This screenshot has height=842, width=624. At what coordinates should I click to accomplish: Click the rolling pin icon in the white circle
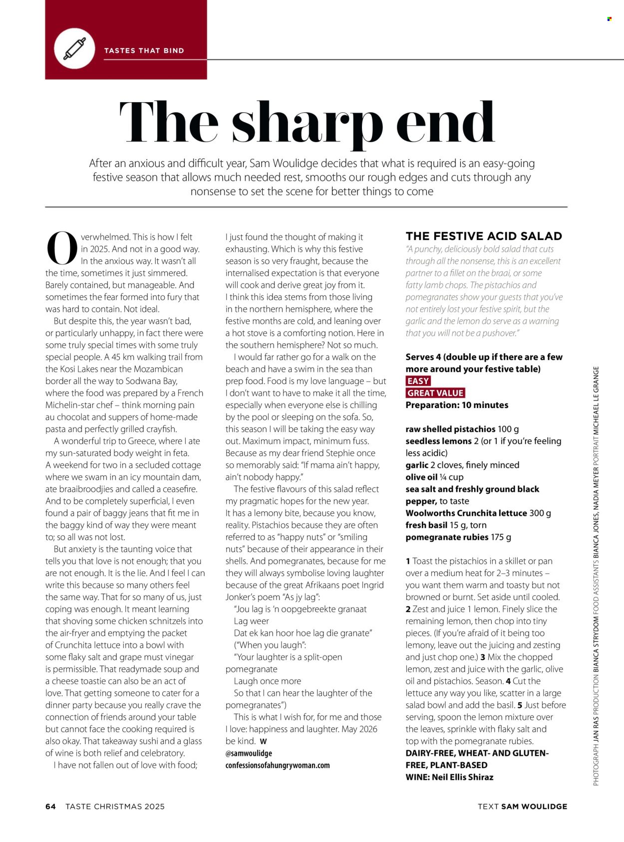tap(74, 49)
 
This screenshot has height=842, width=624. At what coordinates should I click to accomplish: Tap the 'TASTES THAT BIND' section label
tap(144, 50)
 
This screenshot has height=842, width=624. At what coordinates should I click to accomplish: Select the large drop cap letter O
tap(62, 248)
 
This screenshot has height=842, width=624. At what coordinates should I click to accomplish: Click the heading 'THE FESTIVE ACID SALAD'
tap(484, 236)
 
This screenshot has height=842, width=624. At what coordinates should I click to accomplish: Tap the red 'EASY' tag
tap(418, 381)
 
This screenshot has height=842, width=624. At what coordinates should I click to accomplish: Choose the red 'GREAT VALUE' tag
tap(435, 393)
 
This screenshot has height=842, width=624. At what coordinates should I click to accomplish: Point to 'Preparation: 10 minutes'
tap(457, 405)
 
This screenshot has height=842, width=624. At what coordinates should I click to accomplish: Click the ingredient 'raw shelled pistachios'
tap(450, 429)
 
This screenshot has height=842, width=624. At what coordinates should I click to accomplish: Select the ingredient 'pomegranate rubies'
tap(447, 537)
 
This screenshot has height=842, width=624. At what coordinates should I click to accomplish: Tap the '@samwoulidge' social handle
tap(249, 753)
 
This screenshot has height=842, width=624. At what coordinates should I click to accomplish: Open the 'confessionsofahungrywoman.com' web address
tap(278, 765)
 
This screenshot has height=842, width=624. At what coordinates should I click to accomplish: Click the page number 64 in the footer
tap(50, 807)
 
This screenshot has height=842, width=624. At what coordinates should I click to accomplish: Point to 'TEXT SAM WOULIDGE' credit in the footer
tap(522, 807)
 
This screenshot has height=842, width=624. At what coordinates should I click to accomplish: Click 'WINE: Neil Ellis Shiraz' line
tap(449, 777)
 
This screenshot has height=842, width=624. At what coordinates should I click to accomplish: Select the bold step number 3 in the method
tap(483, 657)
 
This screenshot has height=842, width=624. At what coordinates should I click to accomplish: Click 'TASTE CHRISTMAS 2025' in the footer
tap(115, 807)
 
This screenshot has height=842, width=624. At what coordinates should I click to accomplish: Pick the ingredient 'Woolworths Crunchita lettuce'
tap(466, 513)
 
